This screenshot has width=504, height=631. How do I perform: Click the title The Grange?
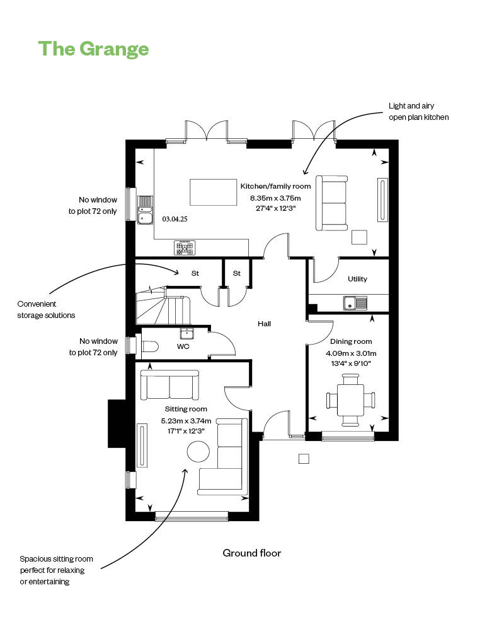tap(93, 49)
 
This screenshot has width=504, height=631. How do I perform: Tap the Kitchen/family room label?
tap(275, 186)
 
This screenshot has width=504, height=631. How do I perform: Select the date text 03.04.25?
tap(175, 220)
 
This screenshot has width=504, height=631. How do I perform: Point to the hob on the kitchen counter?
tap(185, 248)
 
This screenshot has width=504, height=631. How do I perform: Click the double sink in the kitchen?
tap(145, 210)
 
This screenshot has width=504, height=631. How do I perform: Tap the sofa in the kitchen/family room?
tap(332, 203)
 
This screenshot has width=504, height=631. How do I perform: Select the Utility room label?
tap(357, 279)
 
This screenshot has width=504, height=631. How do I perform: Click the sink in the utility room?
tap(355, 304)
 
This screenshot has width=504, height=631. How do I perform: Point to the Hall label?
tap(264, 324)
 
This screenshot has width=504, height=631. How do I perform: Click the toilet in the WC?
tap(150, 346)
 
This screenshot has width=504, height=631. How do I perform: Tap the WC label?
tap(183, 347)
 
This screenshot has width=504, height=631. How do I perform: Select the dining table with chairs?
tap(350, 400)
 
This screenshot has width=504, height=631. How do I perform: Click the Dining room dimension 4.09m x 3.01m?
tap(350, 353)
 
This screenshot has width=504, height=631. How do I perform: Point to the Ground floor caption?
tap(251, 553)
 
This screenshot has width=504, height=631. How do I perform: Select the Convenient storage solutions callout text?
tap(46, 309)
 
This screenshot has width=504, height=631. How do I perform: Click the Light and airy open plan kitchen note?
tap(419, 112)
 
